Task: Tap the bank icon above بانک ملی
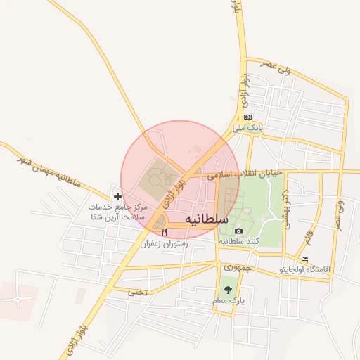click(247, 117)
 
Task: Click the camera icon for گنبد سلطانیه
click(238, 231)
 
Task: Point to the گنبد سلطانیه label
click(239, 241)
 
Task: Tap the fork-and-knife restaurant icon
click(165, 233)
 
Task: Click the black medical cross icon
click(117, 195)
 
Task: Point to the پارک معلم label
click(228, 300)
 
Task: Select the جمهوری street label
click(232, 268)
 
